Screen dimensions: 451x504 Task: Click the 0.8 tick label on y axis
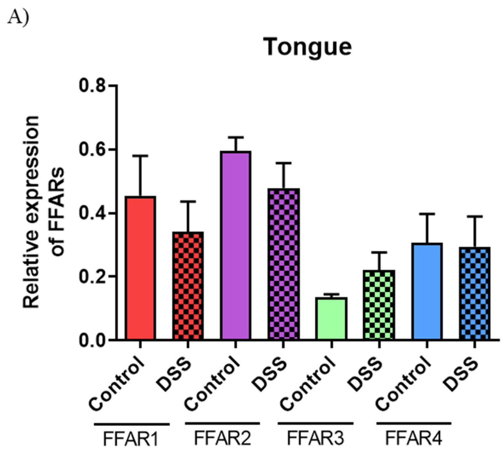coord(92,86)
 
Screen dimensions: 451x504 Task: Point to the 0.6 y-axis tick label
coord(92,149)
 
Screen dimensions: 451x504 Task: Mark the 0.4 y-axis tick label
coord(92,213)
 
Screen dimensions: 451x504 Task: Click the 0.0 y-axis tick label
coord(92,340)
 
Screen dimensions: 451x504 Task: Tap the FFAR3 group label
coord(315,438)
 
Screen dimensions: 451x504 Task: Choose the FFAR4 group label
coord(413,438)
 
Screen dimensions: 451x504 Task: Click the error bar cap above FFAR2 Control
coord(235,137)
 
